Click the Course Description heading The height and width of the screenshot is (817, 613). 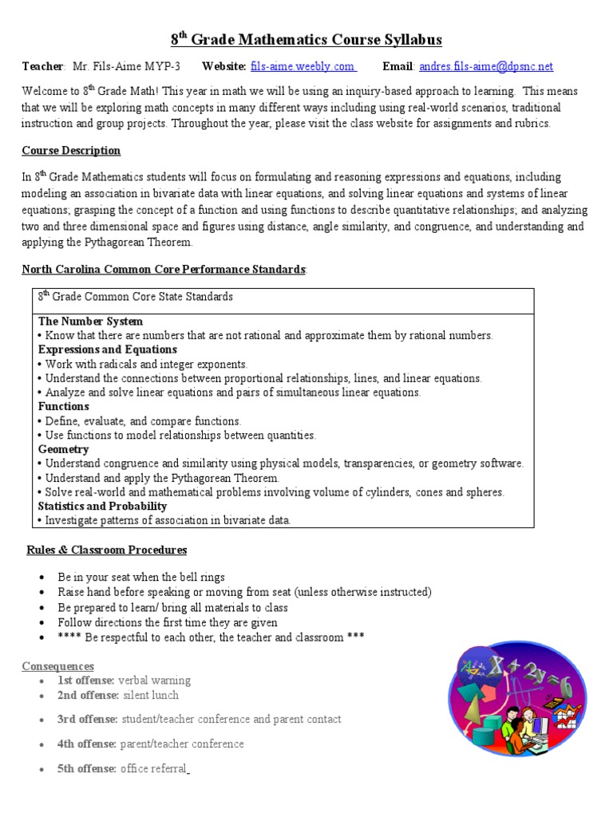(71, 151)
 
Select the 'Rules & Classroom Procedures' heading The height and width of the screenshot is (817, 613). (107, 550)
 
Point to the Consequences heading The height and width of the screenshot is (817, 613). (57, 665)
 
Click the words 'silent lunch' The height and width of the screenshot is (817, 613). (151, 695)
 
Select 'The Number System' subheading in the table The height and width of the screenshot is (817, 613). (90, 321)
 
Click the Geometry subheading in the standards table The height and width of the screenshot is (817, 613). (63, 449)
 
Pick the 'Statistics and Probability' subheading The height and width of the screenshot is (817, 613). (102, 506)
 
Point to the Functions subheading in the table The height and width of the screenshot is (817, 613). (63, 406)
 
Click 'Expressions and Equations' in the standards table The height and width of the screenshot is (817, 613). (108, 349)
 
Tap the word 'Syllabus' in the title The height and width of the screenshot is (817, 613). (409, 40)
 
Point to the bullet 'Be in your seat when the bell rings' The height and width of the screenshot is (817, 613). (141, 577)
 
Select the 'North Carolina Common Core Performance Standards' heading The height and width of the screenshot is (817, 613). (164, 269)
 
